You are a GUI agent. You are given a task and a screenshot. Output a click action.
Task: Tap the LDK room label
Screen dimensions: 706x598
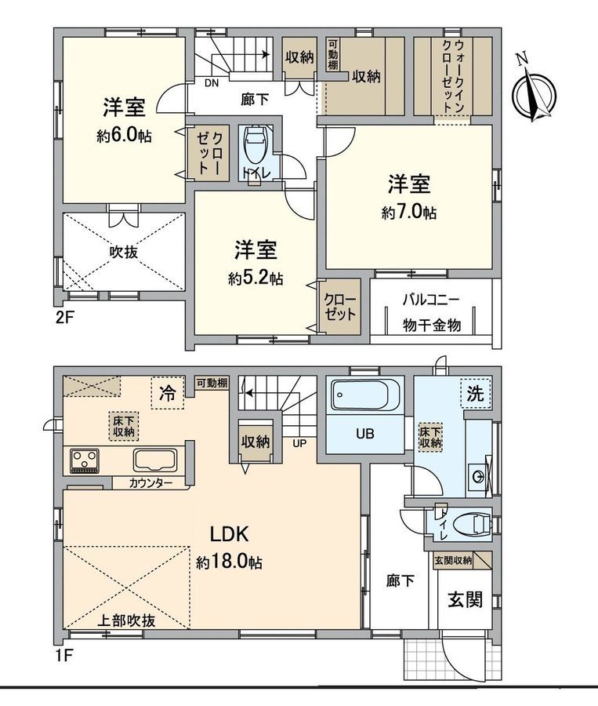click(229, 534)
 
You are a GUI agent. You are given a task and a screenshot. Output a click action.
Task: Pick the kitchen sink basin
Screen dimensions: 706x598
click(158, 460)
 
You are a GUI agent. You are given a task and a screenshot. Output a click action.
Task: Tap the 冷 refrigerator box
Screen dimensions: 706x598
click(167, 392)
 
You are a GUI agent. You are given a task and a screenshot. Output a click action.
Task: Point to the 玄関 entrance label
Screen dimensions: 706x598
click(464, 600)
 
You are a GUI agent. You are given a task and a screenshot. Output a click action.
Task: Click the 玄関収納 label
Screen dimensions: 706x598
click(453, 560)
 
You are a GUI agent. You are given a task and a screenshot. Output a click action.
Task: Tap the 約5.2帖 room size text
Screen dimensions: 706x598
click(256, 278)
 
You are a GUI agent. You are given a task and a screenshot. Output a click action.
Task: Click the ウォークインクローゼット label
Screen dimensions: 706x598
click(452, 74)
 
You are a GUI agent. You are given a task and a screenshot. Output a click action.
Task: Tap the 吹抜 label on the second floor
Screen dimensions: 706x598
click(124, 254)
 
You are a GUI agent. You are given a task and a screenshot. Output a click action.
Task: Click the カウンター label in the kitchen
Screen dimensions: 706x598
click(152, 484)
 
